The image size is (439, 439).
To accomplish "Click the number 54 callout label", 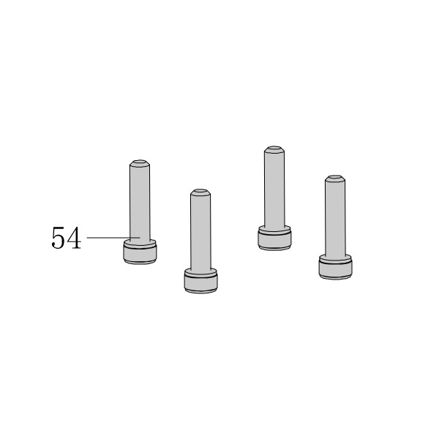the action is tap(67, 238).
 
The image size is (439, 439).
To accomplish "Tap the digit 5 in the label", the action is tap(59, 238).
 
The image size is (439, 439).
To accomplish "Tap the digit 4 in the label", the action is tap(74, 238).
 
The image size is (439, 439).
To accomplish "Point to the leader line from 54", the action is tap(113, 238).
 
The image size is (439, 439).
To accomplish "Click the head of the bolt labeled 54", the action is tap(140, 254).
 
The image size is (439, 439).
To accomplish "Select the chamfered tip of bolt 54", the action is tap(140, 163).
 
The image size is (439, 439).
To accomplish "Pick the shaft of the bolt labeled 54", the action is tap(140, 203).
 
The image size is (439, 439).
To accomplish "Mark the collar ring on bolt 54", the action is tap(140, 243).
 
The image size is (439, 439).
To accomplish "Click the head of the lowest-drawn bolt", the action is tap(200, 283).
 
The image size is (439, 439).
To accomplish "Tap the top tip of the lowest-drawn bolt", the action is tap(200, 192).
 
